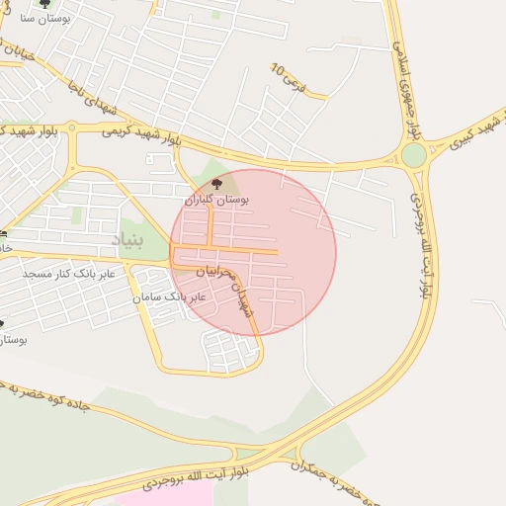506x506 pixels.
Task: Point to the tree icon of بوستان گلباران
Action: tap(217, 184)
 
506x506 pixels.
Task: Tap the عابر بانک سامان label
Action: tap(169, 296)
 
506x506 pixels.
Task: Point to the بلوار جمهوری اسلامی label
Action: tap(408, 84)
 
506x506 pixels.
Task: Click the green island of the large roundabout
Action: tap(413, 155)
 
